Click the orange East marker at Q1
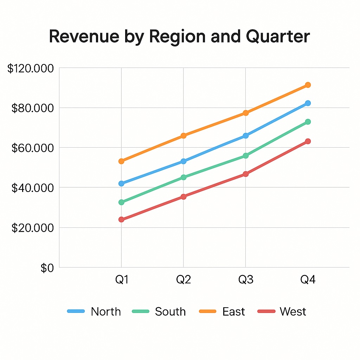[x=121, y=161]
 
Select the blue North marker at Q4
[x=308, y=103]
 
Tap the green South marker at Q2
[x=183, y=177]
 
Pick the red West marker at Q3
[x=245, y=174]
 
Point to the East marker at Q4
[x=308, y=85]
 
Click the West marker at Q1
[x=121, y=219]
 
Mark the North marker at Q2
[x=183, y=161]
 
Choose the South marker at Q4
[x=308, y=122]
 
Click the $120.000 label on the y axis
[x=31, y=69]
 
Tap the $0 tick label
[x=47, y=268]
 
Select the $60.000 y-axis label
[x=33, y=148]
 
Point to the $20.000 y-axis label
[x=33, y=228]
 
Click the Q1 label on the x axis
[x=122, y=280]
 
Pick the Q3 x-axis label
[x=245, y=280]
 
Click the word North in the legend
[x=105, y=311]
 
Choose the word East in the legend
[x=233, y=311]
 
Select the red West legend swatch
[x=266, y=311]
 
